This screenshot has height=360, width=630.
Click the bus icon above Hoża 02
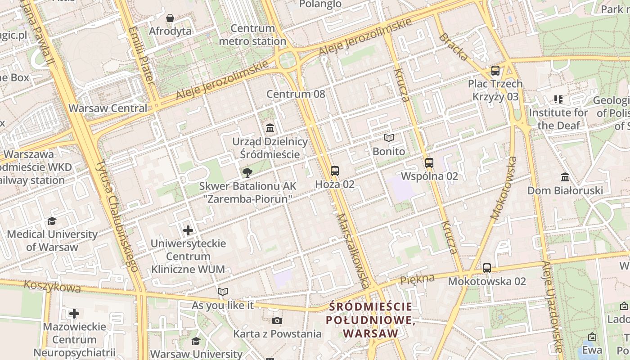334,171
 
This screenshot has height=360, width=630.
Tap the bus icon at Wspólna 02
429,163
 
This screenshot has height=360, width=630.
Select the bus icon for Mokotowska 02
487,268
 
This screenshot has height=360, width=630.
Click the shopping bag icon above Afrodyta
170,18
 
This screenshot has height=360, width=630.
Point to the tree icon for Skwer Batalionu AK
247,172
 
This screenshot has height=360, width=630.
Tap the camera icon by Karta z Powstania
277,320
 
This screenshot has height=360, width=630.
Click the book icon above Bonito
389,138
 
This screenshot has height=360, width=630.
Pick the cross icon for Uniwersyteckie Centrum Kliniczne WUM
188,231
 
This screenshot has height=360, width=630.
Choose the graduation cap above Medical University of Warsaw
52,221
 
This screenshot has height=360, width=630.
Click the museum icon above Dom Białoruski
565,177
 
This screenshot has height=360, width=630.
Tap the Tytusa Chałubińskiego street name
117,216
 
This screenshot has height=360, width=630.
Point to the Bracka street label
453,47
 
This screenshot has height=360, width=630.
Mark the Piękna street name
417,279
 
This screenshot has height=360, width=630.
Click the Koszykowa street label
52,286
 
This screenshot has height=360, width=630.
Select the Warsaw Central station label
108,108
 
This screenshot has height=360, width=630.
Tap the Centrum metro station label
252,35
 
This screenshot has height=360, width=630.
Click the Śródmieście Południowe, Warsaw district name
370,320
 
